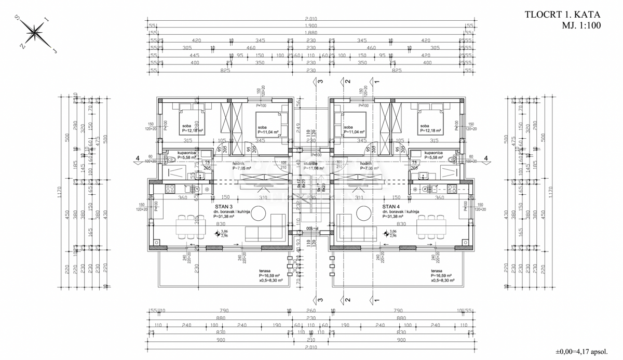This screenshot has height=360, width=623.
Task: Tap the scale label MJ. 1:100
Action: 581,25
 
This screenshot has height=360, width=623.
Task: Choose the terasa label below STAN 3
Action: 265,271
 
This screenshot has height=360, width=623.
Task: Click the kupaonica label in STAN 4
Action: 434,153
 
